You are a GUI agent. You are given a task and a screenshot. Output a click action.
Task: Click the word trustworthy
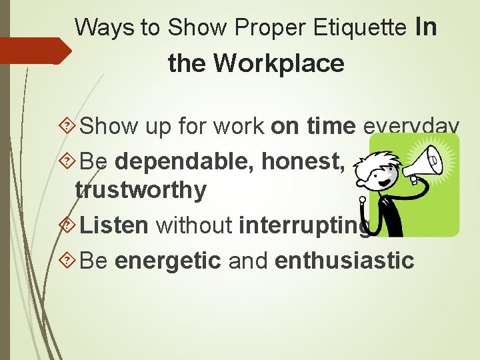point(141,190)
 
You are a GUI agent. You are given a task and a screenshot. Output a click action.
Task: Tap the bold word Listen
point(114,225)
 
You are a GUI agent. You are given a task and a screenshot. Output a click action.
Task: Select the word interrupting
point(303,225)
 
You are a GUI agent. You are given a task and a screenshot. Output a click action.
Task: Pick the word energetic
point(167,259)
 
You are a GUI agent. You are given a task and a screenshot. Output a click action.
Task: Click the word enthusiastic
point(344,259)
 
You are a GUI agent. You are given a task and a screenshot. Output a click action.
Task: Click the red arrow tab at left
point(33,51)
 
